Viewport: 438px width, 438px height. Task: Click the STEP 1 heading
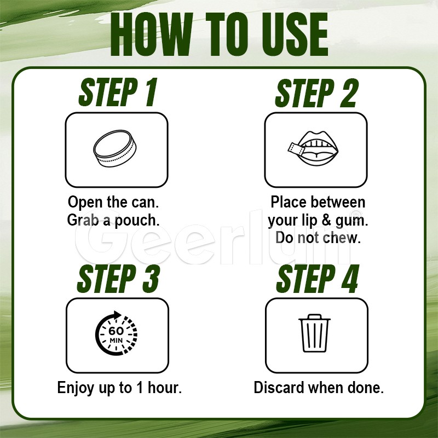pyautogui.click(x=118, y=93)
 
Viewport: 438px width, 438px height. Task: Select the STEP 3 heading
pyautogui.click(x=118, y=279)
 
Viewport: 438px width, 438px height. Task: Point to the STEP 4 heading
pyautogui.click(x=318, y=279)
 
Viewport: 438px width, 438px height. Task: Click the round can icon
pyautogui.click(x=115, y=148)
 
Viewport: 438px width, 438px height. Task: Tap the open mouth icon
pyautogui.click(x=318, y=148)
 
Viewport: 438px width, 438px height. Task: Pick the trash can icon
pyautogui.click(x=314, y=333)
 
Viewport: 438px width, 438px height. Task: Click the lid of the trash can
pyautogui.click(x=314, y=318)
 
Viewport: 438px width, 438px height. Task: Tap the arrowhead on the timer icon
pyautogui.click(x=117, y=315)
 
